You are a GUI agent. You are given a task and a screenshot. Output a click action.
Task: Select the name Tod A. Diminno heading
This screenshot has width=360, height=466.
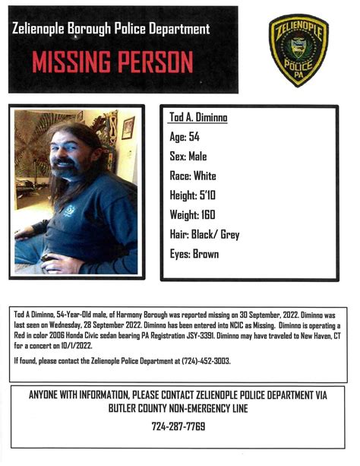point(197,119)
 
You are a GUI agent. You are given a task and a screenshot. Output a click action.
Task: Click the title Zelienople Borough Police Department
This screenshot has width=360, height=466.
point(111,30)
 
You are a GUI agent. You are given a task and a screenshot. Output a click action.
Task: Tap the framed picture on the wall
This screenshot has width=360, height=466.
point(127,128)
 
